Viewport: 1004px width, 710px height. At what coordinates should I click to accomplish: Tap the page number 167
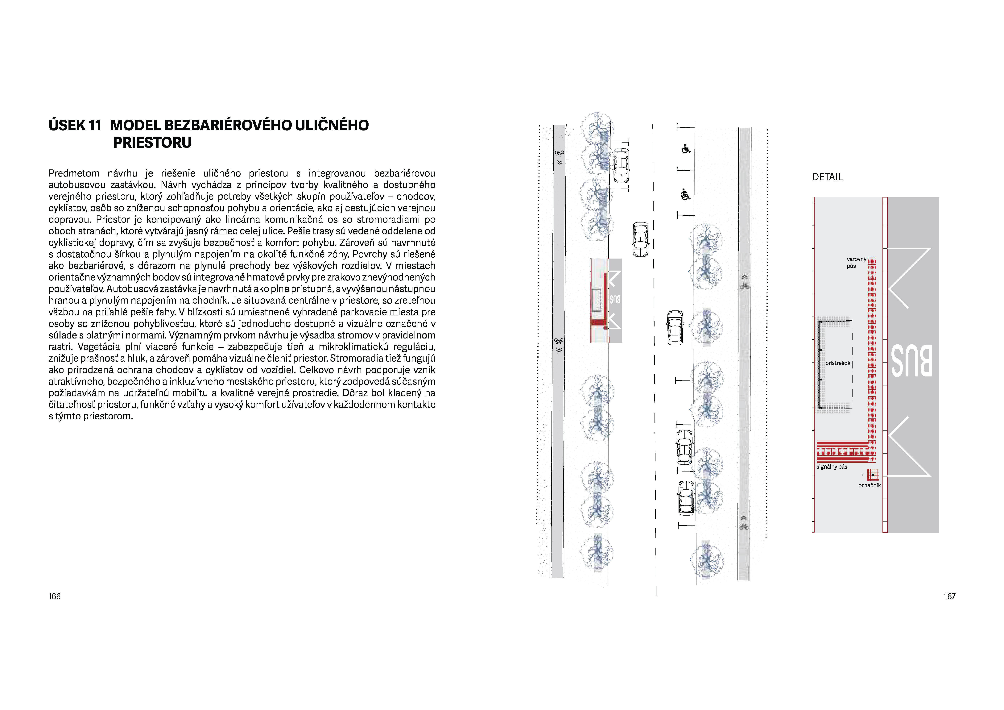coord(949,596)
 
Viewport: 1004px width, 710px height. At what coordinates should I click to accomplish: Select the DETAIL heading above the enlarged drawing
coord(827,177)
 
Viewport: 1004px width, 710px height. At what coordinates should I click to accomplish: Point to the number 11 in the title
coord(94,126)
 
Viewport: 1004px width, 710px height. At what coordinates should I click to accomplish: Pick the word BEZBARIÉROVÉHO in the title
coord(227,126)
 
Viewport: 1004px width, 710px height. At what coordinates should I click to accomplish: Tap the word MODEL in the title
coord(136,126)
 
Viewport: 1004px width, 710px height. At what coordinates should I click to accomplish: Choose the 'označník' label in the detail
coord(869,485)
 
